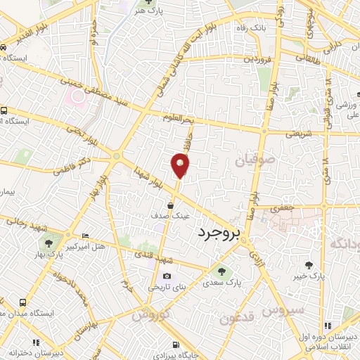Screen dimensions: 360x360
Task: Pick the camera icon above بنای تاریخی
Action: (167, 276)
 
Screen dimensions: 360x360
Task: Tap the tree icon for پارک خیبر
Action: (308, 265)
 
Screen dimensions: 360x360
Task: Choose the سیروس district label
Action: (284, 309)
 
